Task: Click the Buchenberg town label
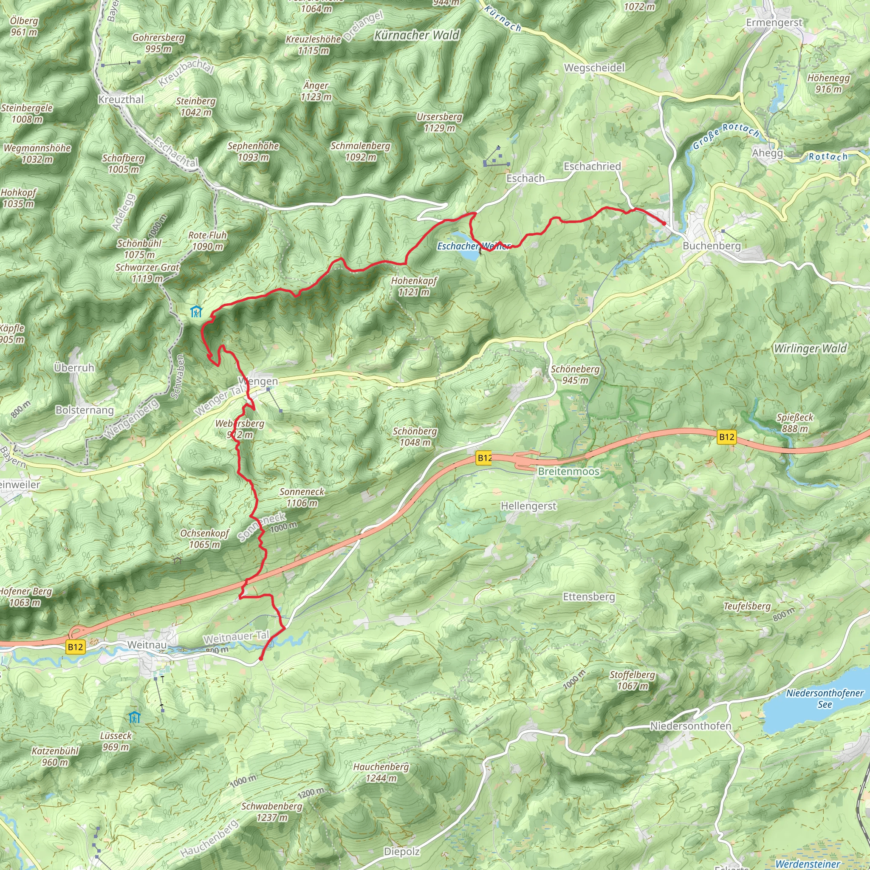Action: pyautogui.click(x=712, y=246)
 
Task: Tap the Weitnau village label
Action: pyautogui.click(x=147, y=645)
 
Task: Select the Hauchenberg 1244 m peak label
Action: pyautogui.click(x=381, y=772)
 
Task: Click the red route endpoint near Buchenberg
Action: pyautogui.click(x=664, y=223)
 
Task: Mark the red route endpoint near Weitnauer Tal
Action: pyautogui.click(x=261, y=659)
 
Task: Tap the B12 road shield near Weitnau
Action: pyautogui.click(x=75, y=647)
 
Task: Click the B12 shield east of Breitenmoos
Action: pyautogui.click(x=726, y=436)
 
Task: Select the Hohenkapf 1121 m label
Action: pyautogui.click(x=414, y=286)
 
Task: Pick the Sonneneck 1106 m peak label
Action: pyautogui.click(x=302, y=497)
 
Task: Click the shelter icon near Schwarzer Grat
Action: pyautogui.click(x=196, y=312)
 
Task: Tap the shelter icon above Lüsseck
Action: pyautogui.click(x=134, y=717)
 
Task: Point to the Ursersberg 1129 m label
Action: pyautogui.click(x=439, y=122)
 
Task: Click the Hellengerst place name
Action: pyautogui.click(x=528, y=506)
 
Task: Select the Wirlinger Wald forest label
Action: pyautogui.click(x=810, y=348)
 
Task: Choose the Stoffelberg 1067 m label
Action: pyautogui.click(x=632, y=680)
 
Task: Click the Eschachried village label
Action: pyautogui.click(x=592, y=167)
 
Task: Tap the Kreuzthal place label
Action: pyautogui.click(x=121, y=99)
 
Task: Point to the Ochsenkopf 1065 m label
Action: pyautogui.click(x=205, y=539)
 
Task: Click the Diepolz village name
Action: pyautogui.click(x=402, y=852)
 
